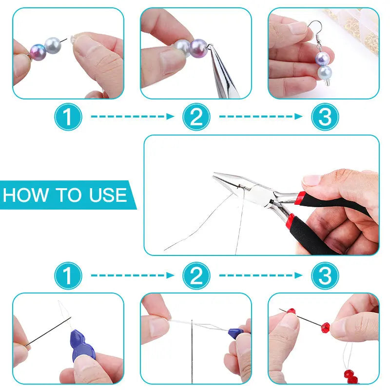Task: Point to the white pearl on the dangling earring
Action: click(x=324, y=73)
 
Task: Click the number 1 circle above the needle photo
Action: click(x=68, y=276)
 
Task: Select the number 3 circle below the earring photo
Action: click(x=325, y=117)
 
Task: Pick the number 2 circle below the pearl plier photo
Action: click(x=196, y=117)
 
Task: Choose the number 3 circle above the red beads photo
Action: click(x=325, y=276)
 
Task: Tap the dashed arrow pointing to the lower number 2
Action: click(x=133, y=276)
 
